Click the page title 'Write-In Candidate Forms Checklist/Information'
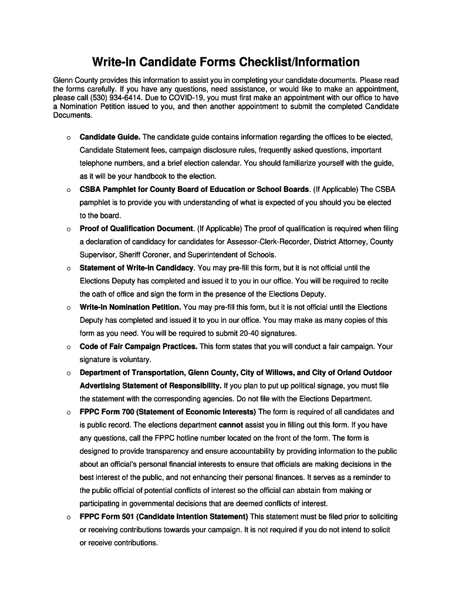coord(225,62)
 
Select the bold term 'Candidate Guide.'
coord(110,137)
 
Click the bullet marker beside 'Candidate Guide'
coord(69,138)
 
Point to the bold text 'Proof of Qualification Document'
coord(137,228)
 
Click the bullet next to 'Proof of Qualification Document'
coord(69,229)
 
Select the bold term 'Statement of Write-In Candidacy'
coord(137,268)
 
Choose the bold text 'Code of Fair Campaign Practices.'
coord(139,346)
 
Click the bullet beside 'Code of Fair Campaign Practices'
coord(69,347)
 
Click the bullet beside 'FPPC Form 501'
coord(69,518)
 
